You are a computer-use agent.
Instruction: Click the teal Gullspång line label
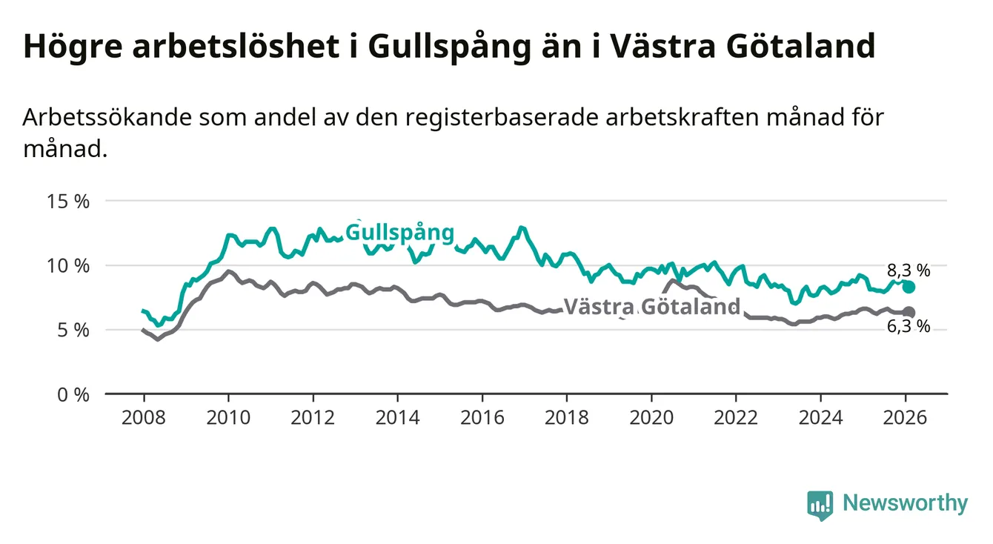tap(399, 233)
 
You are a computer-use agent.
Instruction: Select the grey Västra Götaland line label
tap(652, 307)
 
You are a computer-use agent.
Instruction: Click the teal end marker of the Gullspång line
tap(909, 288)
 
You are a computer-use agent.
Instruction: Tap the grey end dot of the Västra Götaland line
tap(909, 312)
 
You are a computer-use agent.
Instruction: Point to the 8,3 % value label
tap(908, 270)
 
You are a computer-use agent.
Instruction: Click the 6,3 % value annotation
tap(908, 326)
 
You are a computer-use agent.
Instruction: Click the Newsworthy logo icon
tap(820, 505)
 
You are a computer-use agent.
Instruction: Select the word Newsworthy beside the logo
tap(906, 504)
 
